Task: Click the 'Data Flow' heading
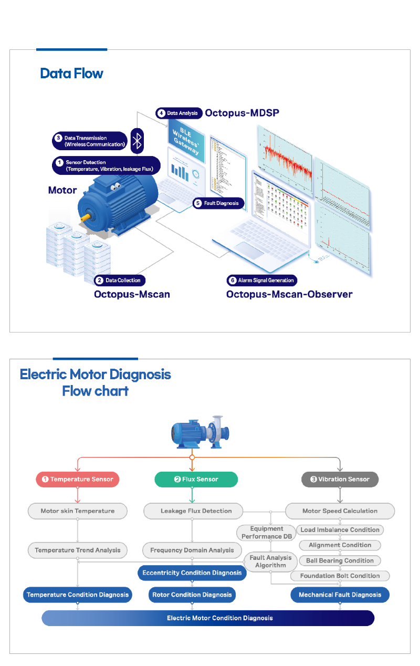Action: tap(71, 73)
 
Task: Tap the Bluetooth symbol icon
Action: tap(137, 140)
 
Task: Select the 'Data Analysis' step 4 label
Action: tap(179, 113)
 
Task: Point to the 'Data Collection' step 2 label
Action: tap(119, 280)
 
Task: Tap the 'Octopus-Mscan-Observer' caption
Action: tap(289, 294)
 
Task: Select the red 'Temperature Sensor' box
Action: tap(78, 479)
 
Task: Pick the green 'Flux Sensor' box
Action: tap(196, 479)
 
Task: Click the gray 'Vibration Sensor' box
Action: tap(340, 479)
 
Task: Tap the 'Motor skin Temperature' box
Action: tap(77, 511)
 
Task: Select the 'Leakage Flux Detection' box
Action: tap(195, 511)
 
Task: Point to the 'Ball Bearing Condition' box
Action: tap(340, 560)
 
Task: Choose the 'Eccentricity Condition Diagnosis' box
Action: tap(192, 573)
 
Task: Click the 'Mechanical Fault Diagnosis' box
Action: tap(340, 595)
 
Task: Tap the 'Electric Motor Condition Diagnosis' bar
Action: tap(208, 618)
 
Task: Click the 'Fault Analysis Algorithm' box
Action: tap(271, 561)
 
